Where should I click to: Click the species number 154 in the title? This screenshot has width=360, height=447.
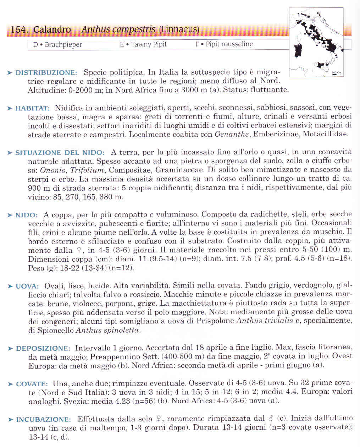(19, 30)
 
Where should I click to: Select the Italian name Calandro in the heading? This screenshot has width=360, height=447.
(52, 30)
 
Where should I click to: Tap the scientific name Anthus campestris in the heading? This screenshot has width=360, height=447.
(118, 29)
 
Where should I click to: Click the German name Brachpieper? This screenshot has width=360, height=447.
(63, 45)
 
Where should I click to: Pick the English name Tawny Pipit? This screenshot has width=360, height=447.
(149, 44)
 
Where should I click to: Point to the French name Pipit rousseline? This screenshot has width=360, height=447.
(229, 44)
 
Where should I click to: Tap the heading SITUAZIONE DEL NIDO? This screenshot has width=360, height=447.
(60, 153)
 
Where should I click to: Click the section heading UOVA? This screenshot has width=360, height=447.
(27, 286)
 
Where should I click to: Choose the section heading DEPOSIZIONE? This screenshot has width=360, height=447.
(43, 348)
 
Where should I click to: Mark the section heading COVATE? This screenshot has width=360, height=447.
(32, 384)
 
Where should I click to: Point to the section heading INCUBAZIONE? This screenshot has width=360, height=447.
(43, 420)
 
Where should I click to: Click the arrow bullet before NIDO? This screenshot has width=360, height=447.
(10, 215)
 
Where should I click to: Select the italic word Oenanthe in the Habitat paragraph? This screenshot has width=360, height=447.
(228, 134)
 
